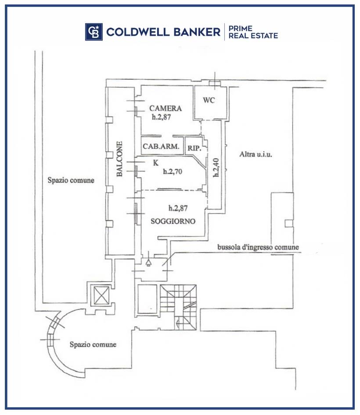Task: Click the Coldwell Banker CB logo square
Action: click(x=94, y=32)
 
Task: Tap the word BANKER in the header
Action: click(x=197, y=32)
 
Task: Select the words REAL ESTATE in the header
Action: click(x=253, y=36)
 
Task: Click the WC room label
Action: click(x=209, y=100)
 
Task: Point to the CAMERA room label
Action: click(x=166, y=108)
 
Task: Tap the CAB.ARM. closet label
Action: click(x=161, y=146)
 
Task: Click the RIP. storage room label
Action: click(x=194, y=148)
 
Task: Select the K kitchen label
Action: click(x=155, y=163)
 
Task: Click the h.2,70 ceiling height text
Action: click(x=173, y=172)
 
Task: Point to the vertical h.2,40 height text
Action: click(x=216, y=168)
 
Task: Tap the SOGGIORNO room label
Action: click(x=173, y=221)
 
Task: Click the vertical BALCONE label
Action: click(x=119, y=159)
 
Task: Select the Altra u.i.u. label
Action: click(x=256, y=154)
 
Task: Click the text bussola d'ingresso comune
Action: click(x=258, y=247)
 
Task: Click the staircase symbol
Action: click(x=178, y=307)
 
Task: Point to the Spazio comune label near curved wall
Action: click(x=93, y=344)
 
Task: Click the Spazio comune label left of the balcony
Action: click(x=71, y=180)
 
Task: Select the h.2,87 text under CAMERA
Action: click(x=161, y=117)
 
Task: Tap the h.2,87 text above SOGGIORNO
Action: click(x=178, y=208)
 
